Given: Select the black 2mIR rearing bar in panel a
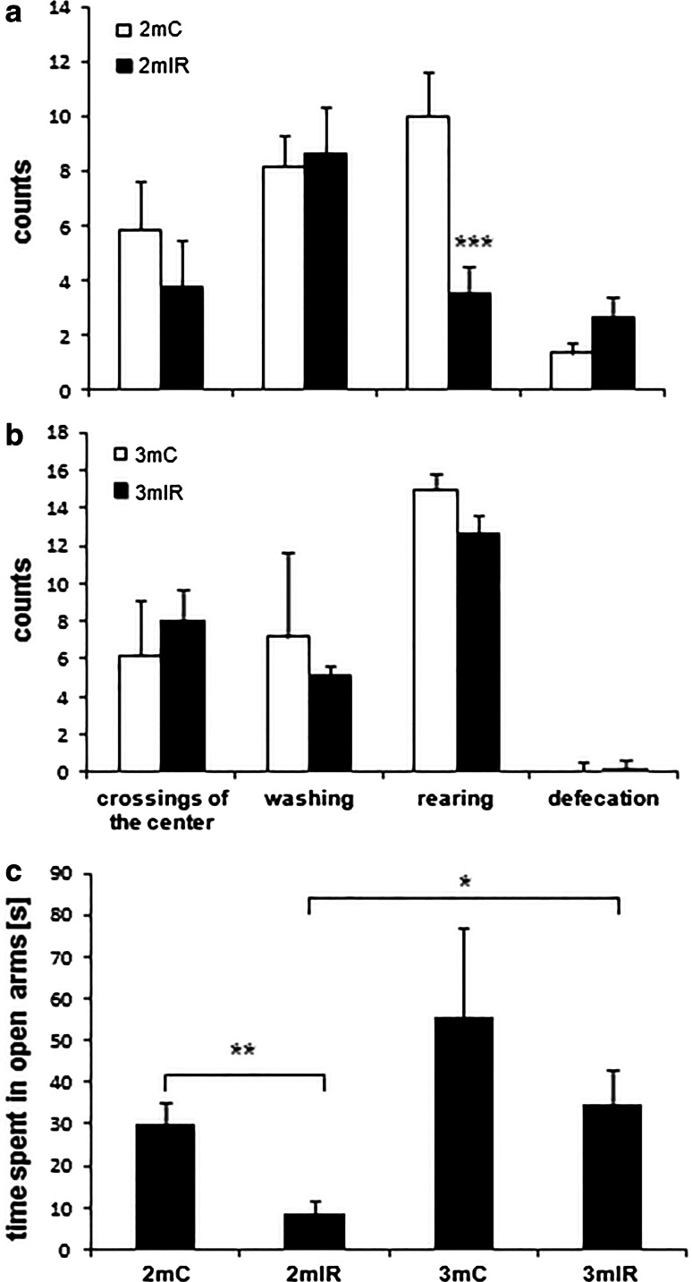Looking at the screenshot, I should [x=469, y=341].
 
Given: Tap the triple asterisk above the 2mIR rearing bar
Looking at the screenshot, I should [x=474, y=242].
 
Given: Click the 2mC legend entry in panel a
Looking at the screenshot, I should [x=149, y=31].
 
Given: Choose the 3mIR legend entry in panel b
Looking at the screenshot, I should [x=152, y=489].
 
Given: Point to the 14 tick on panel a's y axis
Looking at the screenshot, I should [x=64, y=8].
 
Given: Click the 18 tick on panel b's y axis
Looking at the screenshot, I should [x=64, y=431].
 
